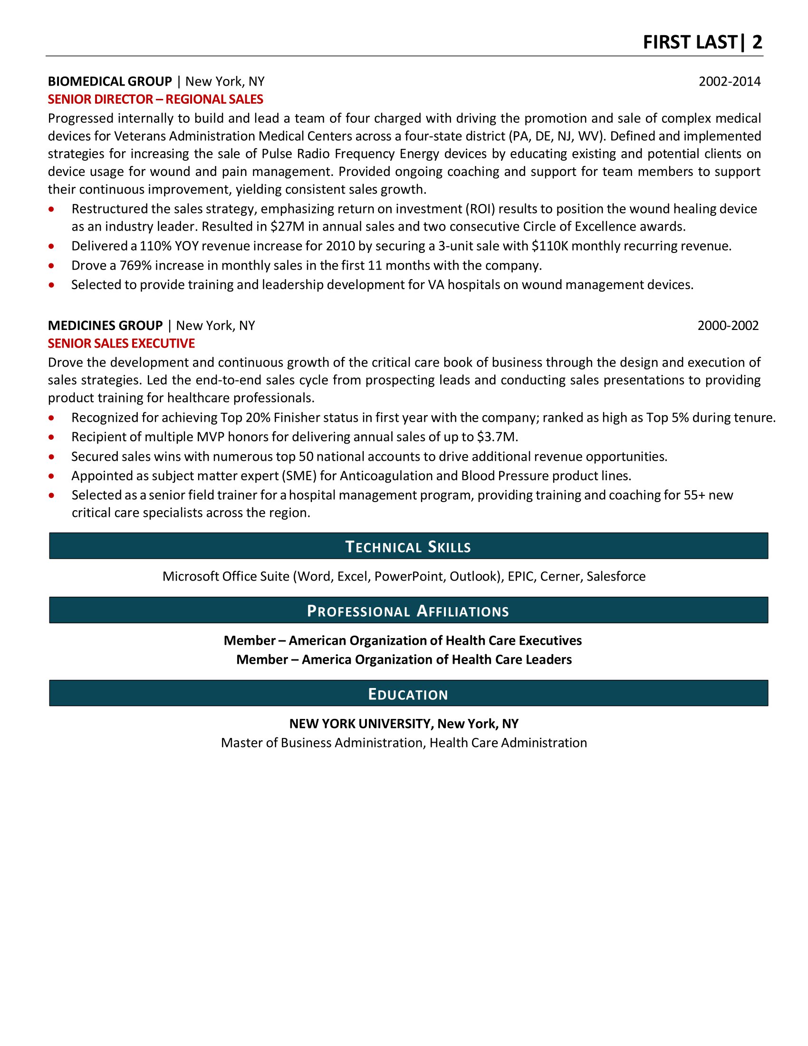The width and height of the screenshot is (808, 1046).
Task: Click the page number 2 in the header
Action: (x=757, y=42)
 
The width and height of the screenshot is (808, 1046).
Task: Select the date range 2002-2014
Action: (x=729, y=81)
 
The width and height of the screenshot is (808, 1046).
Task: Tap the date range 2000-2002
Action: (x=728, y=326)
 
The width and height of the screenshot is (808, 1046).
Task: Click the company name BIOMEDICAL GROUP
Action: (x=110, y=81)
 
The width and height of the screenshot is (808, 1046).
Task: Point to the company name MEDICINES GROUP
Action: (x=106, y=326)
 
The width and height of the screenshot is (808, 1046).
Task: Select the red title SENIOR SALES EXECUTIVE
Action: (x=121, y=343)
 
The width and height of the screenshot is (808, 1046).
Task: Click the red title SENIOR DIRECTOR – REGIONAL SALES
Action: (x=155, y=99)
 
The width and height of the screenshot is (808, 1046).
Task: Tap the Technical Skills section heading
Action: (x=408, y=546)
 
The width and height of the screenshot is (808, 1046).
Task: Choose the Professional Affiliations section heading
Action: (x=408, y=610)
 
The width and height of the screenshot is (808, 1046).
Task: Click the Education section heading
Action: (x=408, y=694)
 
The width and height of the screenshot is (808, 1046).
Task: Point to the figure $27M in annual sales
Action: (x=287, y=226)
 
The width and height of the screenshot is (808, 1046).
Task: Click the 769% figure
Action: (x=135, y=265)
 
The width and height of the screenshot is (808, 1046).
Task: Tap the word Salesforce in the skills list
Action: (x=616, y=576)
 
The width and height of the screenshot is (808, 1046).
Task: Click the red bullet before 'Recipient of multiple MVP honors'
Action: (x=51, y=437)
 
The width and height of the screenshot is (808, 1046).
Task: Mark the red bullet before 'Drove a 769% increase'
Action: (x=51, y=266)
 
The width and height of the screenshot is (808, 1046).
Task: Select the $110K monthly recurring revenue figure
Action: (x=549, y=246)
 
